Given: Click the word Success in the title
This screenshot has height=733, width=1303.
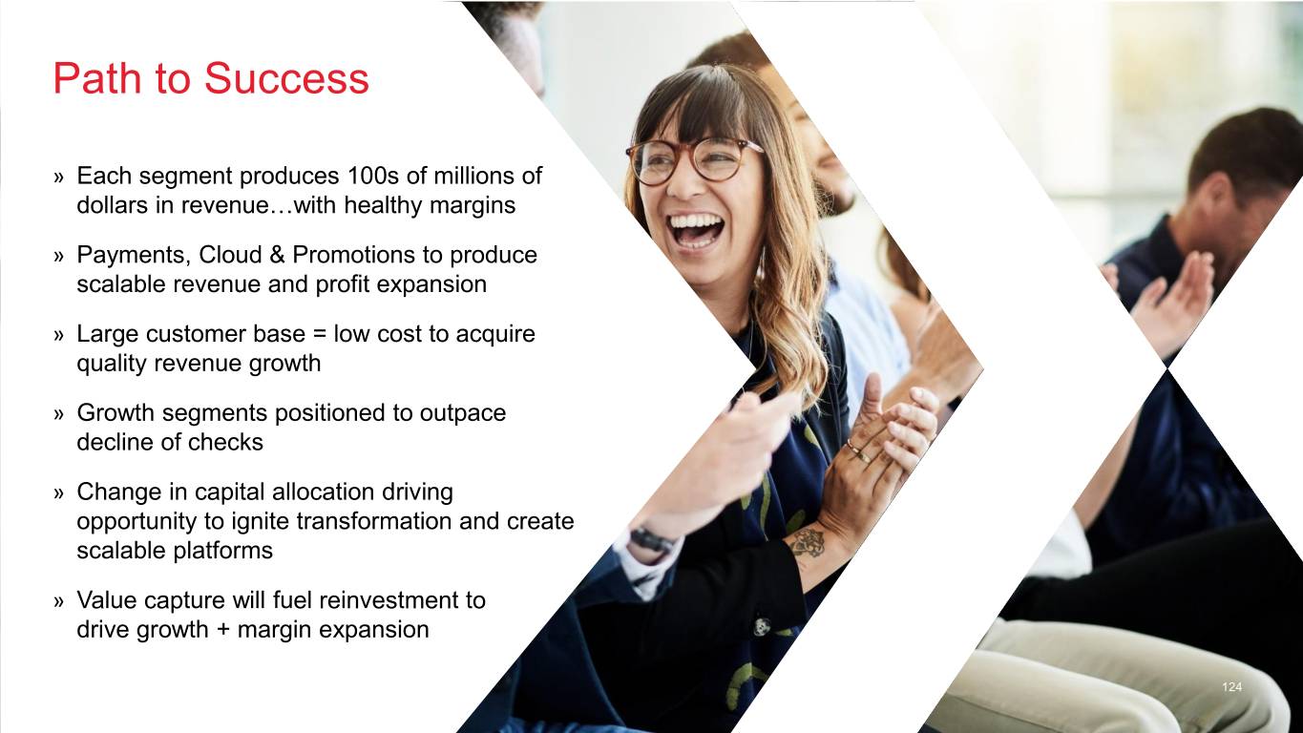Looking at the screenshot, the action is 286,78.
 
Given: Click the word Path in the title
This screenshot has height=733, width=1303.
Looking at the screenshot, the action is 96,78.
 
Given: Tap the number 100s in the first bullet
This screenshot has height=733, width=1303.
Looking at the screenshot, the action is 373,176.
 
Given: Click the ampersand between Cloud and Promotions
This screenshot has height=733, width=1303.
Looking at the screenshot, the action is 277,255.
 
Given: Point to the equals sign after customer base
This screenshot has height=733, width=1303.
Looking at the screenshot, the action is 320,334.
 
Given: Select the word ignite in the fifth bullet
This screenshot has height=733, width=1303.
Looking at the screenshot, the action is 260,521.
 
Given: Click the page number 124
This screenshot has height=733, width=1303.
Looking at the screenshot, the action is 1232,687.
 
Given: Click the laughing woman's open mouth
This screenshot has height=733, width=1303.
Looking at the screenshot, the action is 695,229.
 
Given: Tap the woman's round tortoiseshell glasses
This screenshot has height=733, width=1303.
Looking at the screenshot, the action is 693,160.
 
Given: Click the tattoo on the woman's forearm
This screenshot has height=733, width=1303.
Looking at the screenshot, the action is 807,544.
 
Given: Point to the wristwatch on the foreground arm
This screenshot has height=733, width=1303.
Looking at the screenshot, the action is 651,540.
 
